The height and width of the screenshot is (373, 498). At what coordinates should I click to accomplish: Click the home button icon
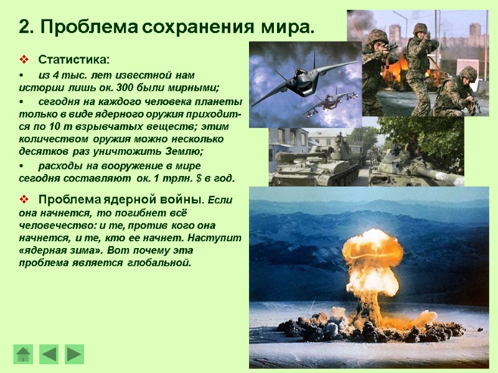pyautogui.click(x=23, y=354)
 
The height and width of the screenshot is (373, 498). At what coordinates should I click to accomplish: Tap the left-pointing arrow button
pyautogui.click(x=49, y=354)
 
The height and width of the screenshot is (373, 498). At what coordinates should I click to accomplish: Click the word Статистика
pyautogui.click(x=73, y=60)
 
